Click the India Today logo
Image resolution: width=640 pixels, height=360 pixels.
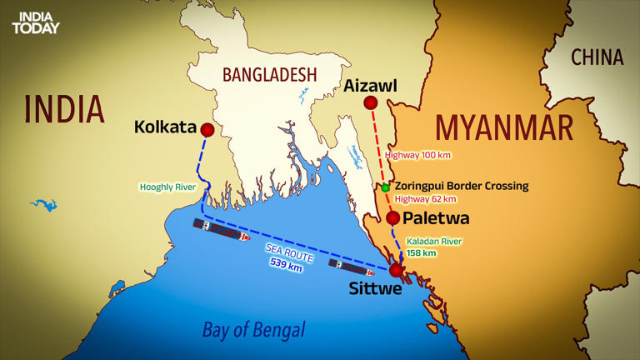tap(36, 22)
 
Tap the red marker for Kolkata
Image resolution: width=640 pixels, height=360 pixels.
tap(207, 130)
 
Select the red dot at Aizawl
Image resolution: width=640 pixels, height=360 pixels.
tap(371, 102)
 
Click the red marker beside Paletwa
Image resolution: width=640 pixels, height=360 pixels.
tap(392, 218)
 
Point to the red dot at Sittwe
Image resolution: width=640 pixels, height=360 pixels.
tap(396, 270)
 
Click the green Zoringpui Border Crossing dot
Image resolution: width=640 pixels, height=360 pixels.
tap(385, 187)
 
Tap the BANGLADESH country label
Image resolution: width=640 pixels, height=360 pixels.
tap(269, 75)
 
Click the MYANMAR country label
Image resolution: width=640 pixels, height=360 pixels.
tap(504, 129)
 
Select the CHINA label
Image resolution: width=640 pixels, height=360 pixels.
tap(597, 57)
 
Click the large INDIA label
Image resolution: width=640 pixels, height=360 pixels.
tap(64, 109)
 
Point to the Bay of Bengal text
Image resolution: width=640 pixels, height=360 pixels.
tap(253, 329)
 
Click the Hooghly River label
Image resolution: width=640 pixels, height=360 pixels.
tap(169, 187)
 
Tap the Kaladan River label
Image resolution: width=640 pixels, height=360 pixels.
tap(433, 241)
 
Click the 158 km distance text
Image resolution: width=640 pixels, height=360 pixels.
tap(421, 252)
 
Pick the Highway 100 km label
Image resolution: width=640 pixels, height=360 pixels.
tap(418, 155)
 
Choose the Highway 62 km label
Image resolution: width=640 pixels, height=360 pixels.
tap(425, 199)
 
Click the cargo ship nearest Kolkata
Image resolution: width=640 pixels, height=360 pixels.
tap(221, 230)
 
